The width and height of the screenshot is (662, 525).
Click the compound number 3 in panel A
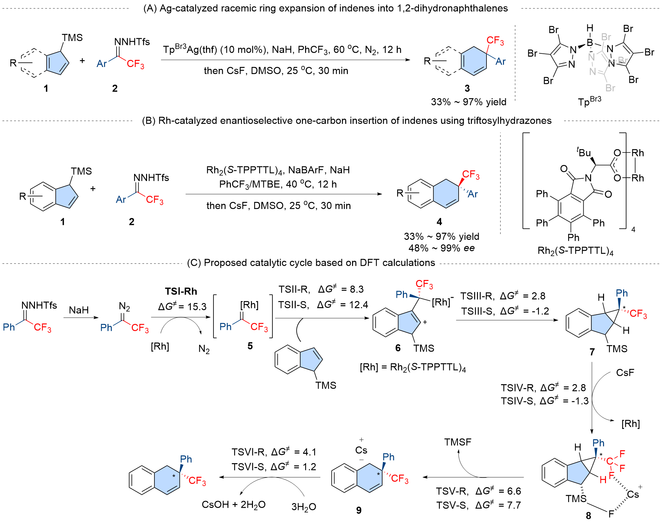(467, 88)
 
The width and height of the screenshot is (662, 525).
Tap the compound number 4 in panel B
(439, 222)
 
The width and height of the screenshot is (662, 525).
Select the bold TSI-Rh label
(181, 291)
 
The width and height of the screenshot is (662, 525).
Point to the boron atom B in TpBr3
(590, 42)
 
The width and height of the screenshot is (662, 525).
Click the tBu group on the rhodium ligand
(584, 152)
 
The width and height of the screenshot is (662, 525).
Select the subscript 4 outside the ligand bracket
(633, 229)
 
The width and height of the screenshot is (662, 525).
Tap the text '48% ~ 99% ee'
(441, 248)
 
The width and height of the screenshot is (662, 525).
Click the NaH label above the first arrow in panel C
(79, 310)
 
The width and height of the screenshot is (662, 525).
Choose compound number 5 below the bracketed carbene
(250, 346)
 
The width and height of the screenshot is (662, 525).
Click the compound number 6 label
(398, 348)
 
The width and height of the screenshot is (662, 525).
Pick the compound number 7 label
(592, 352)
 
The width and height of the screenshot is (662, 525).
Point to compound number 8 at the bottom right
(588, 516)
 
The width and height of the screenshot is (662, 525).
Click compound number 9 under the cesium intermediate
(359, 510)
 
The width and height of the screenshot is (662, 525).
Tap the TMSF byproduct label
(458, 442)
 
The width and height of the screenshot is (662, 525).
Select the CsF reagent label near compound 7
(625, 373)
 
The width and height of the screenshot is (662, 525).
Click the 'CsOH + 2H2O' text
(234, 505)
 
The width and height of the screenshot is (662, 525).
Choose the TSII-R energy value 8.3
(357, 289)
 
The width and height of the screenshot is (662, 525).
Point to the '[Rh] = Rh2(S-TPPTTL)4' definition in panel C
(413, 368)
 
